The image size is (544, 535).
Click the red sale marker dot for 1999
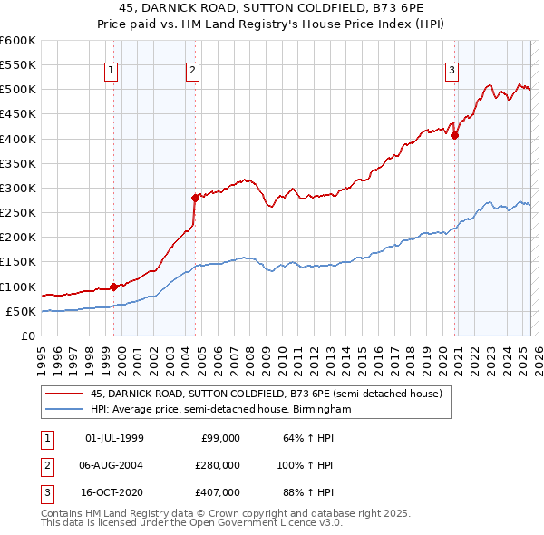click(113, 287)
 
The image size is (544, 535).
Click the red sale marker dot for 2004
click(195, 197)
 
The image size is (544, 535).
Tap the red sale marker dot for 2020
click(455, 136)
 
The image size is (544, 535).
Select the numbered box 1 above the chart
click(111, 71)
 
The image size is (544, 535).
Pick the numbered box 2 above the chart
click(194, 71)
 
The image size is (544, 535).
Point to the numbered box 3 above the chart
click(452, 71)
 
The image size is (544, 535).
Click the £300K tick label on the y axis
click(18, 188)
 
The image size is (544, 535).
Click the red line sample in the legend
click(64, 394)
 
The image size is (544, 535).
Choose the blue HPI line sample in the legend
click(64, 410)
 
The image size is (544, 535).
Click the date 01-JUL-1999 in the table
click(114, 438)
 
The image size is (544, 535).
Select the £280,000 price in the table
click(219, 465)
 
